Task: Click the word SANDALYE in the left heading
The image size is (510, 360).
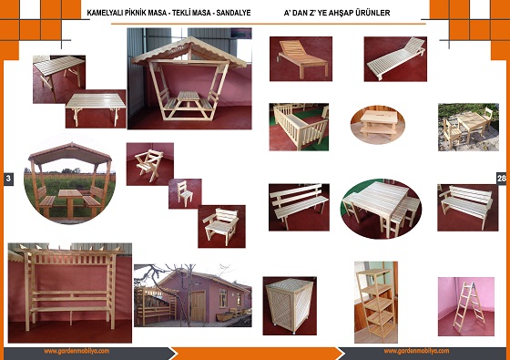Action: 233,13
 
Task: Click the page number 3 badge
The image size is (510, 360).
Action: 8,179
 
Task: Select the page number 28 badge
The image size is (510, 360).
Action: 502,178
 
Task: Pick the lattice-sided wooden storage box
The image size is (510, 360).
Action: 289,306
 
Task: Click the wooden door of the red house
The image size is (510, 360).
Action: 199,306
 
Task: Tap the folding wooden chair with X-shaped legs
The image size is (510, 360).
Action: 148,164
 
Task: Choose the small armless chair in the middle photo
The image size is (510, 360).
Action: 184,193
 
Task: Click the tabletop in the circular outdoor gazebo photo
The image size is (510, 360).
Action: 71,193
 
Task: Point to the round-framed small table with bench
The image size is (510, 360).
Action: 378,124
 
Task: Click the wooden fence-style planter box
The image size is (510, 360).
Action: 300,127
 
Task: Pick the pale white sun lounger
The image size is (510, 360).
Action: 396,59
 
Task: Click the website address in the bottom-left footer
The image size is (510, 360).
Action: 76,351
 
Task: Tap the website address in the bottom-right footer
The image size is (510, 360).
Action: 416,351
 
